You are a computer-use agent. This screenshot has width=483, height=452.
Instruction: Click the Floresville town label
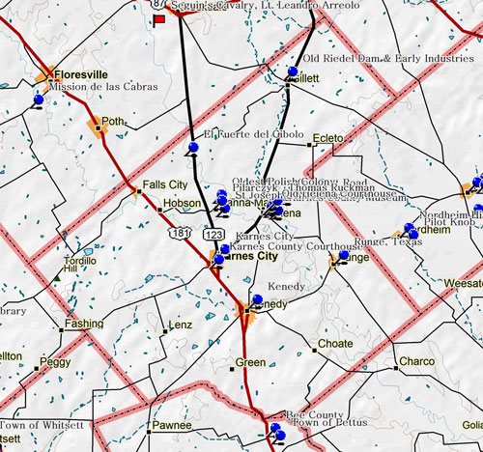pyautogui.click(x=86, y=73)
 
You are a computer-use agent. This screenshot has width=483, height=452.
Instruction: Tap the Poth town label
pyautogui.click(x=113, y=123)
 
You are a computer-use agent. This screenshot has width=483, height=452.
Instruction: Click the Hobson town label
pyautogui.click(x=182, y=204)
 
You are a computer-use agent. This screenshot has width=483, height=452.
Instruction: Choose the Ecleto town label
pyautogui.click(x=328, y=139)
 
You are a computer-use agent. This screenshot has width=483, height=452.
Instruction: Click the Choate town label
pyautogui.click(x=335, y=344)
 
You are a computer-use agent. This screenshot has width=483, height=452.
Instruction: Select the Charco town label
pyautogui.click(x=417, y=362)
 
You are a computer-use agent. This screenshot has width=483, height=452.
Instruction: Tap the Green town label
pyautogui.click(x=250, y=363)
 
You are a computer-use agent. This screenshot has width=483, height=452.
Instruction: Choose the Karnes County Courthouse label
pyautogui.click(x=295, y=246)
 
